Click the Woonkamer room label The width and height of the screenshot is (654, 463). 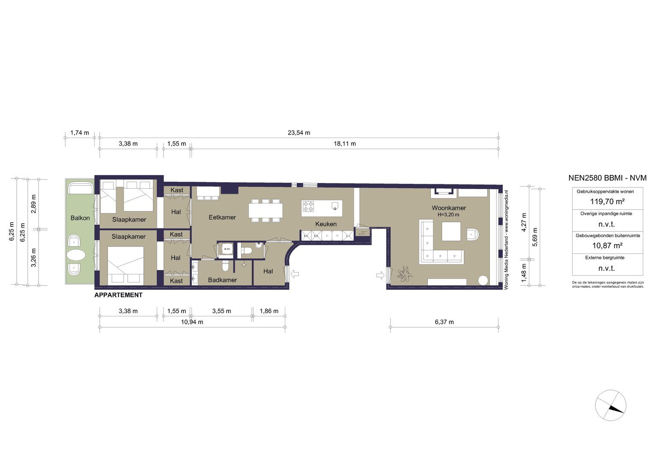coord(448,208)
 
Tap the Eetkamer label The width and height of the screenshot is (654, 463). coord(222,217)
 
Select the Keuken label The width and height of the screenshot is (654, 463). coord(326,224)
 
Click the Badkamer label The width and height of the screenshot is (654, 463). coord(222,280)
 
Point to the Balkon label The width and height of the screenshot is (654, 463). coord(80,218)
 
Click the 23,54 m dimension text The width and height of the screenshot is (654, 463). coord(299,132)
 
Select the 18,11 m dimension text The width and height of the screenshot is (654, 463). coord(344,144)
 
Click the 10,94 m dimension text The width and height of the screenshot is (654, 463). coord(191,322)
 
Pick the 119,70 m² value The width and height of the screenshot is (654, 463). coord(607,201)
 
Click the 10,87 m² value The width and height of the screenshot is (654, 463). coord(607,246)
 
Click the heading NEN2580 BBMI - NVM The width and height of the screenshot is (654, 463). coord(607,178)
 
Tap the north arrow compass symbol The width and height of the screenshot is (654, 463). coord(610,406)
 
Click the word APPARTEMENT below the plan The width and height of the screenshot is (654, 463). coord(118,295)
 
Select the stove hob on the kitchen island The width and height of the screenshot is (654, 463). coord(308,206)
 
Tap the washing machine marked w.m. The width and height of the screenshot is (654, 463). coord(227,249)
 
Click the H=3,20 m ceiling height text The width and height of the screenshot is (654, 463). coord(448,215)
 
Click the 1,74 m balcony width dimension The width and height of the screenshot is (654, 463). coord(79,132)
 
